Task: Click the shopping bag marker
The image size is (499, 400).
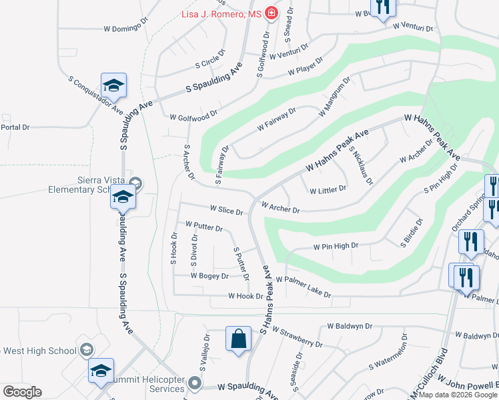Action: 238,339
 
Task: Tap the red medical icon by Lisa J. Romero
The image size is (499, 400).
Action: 271,13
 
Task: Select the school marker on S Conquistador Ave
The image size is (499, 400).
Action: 113,86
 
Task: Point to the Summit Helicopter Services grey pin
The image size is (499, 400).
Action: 195,383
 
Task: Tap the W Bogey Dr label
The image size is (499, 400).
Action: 209,275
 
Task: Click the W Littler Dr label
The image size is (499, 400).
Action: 328,189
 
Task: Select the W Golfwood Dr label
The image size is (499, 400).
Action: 193,115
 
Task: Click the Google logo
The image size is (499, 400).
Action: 22,392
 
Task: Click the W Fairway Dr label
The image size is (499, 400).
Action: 276,119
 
